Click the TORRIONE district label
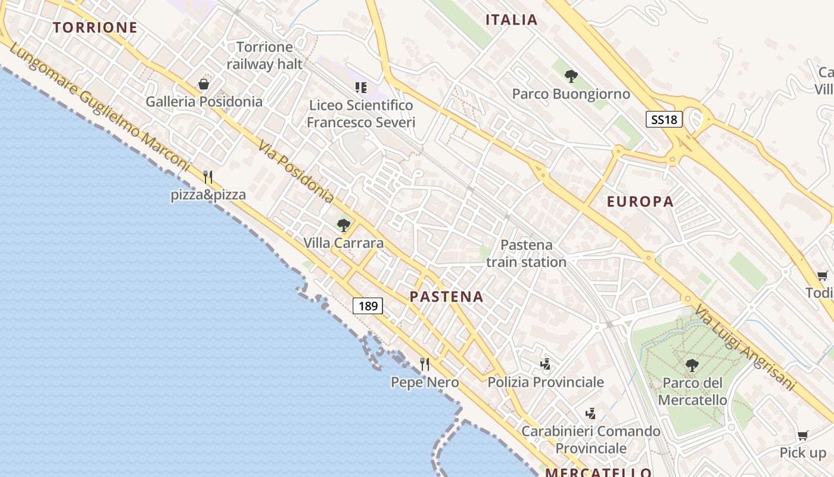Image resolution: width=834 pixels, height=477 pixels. point(95,27)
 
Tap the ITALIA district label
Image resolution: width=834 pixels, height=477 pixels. point(512,20)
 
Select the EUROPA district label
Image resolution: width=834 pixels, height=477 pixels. point(640,202)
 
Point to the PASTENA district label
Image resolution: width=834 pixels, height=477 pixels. point(446,296)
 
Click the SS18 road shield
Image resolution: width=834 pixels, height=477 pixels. point(664,119)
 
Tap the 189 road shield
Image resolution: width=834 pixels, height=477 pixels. point(368,306)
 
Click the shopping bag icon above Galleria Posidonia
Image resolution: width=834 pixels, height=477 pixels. point(204,85)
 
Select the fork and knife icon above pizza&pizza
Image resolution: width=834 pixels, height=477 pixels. point(208,176)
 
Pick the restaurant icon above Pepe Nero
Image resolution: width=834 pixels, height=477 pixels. point(425,364)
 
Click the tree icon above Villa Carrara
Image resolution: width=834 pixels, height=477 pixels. point(343,225)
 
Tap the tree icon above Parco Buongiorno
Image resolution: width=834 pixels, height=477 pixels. point(571,76)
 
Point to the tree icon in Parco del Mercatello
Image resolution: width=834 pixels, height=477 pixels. point(692,365)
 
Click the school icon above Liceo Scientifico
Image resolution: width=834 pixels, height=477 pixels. point(360,88)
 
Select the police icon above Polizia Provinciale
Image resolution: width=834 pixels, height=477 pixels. point(545,364)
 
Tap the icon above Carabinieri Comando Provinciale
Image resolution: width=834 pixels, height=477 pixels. point(591,413)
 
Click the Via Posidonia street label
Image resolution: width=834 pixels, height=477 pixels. point(295,171)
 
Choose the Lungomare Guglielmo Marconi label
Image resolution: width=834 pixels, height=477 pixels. point(100,107)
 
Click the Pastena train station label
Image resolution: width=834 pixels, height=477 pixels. point(526,253)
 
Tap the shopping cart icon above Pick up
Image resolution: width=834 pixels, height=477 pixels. point(802,435)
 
